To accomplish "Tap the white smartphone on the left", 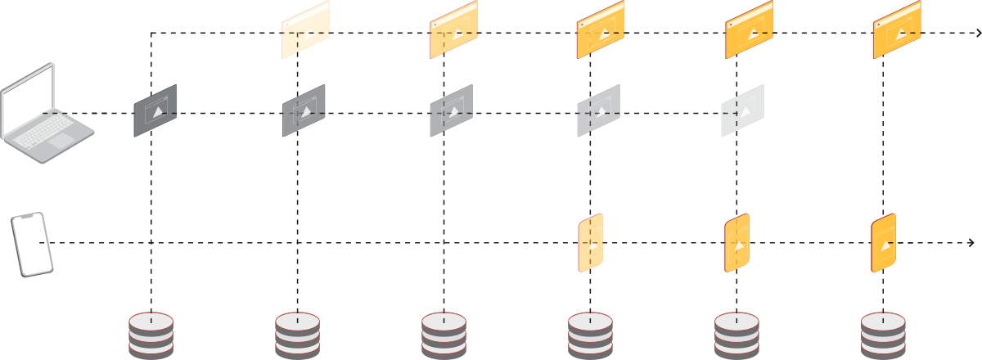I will [32, 244].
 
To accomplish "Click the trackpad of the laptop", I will [60, 141].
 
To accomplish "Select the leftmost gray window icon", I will [155, 110].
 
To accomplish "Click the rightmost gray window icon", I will [742, 110].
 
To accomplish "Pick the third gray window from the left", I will [452, 110].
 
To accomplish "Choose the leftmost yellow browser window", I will [305, 30].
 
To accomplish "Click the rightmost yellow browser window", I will [897, 30].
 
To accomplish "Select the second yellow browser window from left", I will [453, 30].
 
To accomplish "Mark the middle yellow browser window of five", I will [601, 30].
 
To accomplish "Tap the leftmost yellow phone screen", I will [591, 243].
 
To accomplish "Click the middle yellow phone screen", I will [736, 243].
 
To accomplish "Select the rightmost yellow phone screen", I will [883, 243].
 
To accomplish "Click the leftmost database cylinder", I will [151, 335].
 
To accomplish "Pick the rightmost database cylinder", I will [883, 335].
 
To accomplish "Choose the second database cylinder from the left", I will [298, 335].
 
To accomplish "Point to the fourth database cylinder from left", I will [590, 335].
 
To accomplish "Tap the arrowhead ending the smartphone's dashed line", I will [971, 243].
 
